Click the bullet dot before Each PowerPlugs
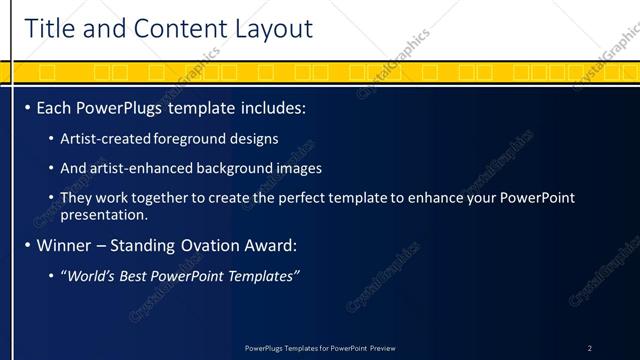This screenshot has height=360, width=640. [x=27, y=106]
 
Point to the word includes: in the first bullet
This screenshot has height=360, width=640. [x=270, y=106]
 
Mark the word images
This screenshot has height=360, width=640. [x=300, y=168]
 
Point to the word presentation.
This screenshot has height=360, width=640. [x=104, y=214]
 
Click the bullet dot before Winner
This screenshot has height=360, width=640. [x=27, y=244]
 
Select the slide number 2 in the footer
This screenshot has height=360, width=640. [x=589, y=348]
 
